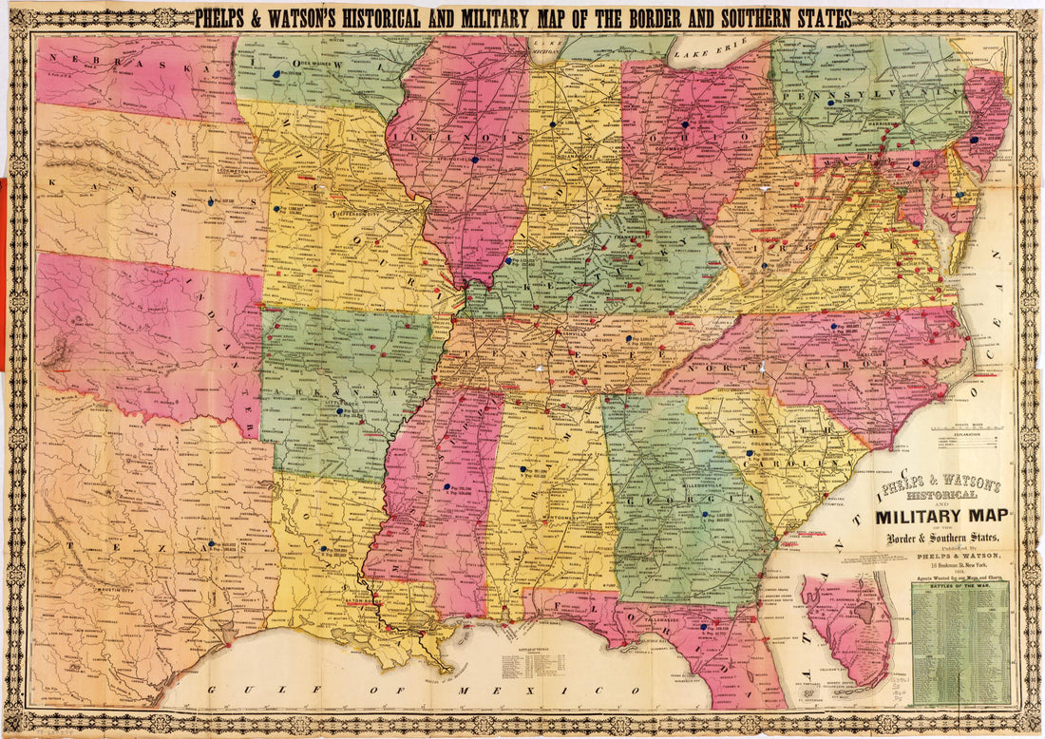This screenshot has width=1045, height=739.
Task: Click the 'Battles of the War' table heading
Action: [x=960, y=587]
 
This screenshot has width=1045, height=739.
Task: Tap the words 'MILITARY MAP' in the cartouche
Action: [x=943, y=518]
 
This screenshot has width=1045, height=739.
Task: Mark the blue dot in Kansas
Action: [x=210, y=202]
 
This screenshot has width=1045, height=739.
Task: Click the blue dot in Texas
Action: [x=211, y=544]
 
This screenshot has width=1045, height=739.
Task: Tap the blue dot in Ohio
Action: [x=684, y=124]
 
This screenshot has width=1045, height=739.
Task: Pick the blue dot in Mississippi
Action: [x=446, y=486]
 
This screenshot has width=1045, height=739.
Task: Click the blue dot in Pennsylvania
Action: [x=829, y=103]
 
